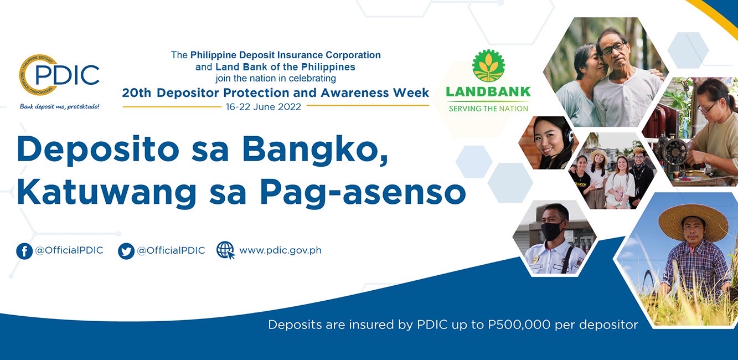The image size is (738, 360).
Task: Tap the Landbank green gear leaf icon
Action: coord(488,66)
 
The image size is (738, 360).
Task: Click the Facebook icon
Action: coord(24,251)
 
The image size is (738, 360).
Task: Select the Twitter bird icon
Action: coord(126,251)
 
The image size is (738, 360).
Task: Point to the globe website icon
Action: coord(226,250)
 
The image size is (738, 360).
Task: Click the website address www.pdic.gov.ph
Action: coord(280,250)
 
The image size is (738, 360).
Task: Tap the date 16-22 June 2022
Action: coord(263,107)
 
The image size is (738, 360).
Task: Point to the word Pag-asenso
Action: coord(363,193)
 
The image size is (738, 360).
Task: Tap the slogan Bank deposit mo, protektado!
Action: coord(60,106)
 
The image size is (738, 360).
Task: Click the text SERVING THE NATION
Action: coord(488,109)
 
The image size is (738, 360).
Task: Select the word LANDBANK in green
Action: coord(488,91)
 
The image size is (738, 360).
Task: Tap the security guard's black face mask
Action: coord(552,230)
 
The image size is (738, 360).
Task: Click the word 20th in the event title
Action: coord(136,93)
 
